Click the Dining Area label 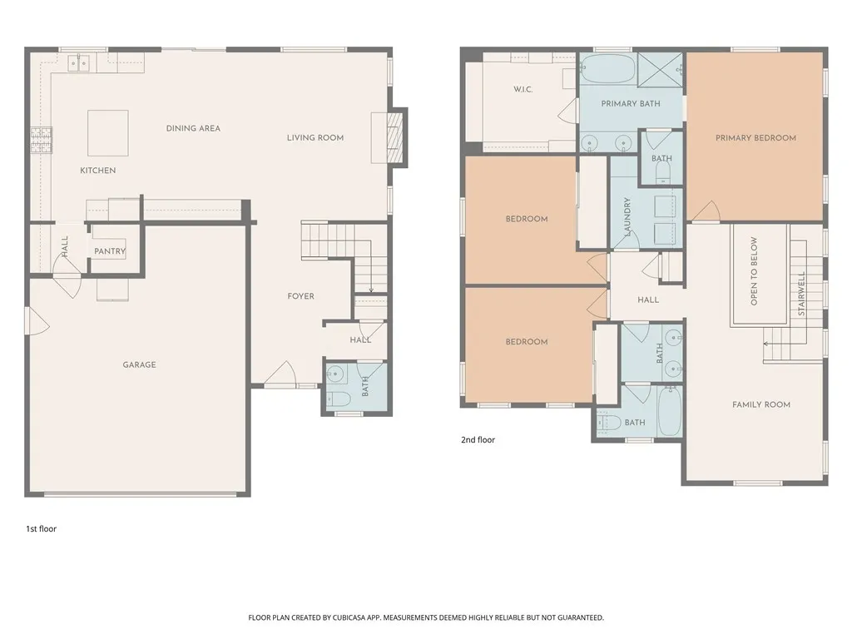click(193, 128)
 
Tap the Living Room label click(315, 138)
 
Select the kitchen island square click(108, 132)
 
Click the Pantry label click(110, 251)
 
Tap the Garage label click(139, 364)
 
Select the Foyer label click(300, 296)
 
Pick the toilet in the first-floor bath click(339, 398)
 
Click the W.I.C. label click(523, 89)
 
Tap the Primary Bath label click(631, 104)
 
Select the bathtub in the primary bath click(607, 69)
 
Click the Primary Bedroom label click(755, 138)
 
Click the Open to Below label click(755, 271)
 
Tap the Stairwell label click(802, 293)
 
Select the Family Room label click(760, 404)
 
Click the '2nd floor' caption click(478, 439)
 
